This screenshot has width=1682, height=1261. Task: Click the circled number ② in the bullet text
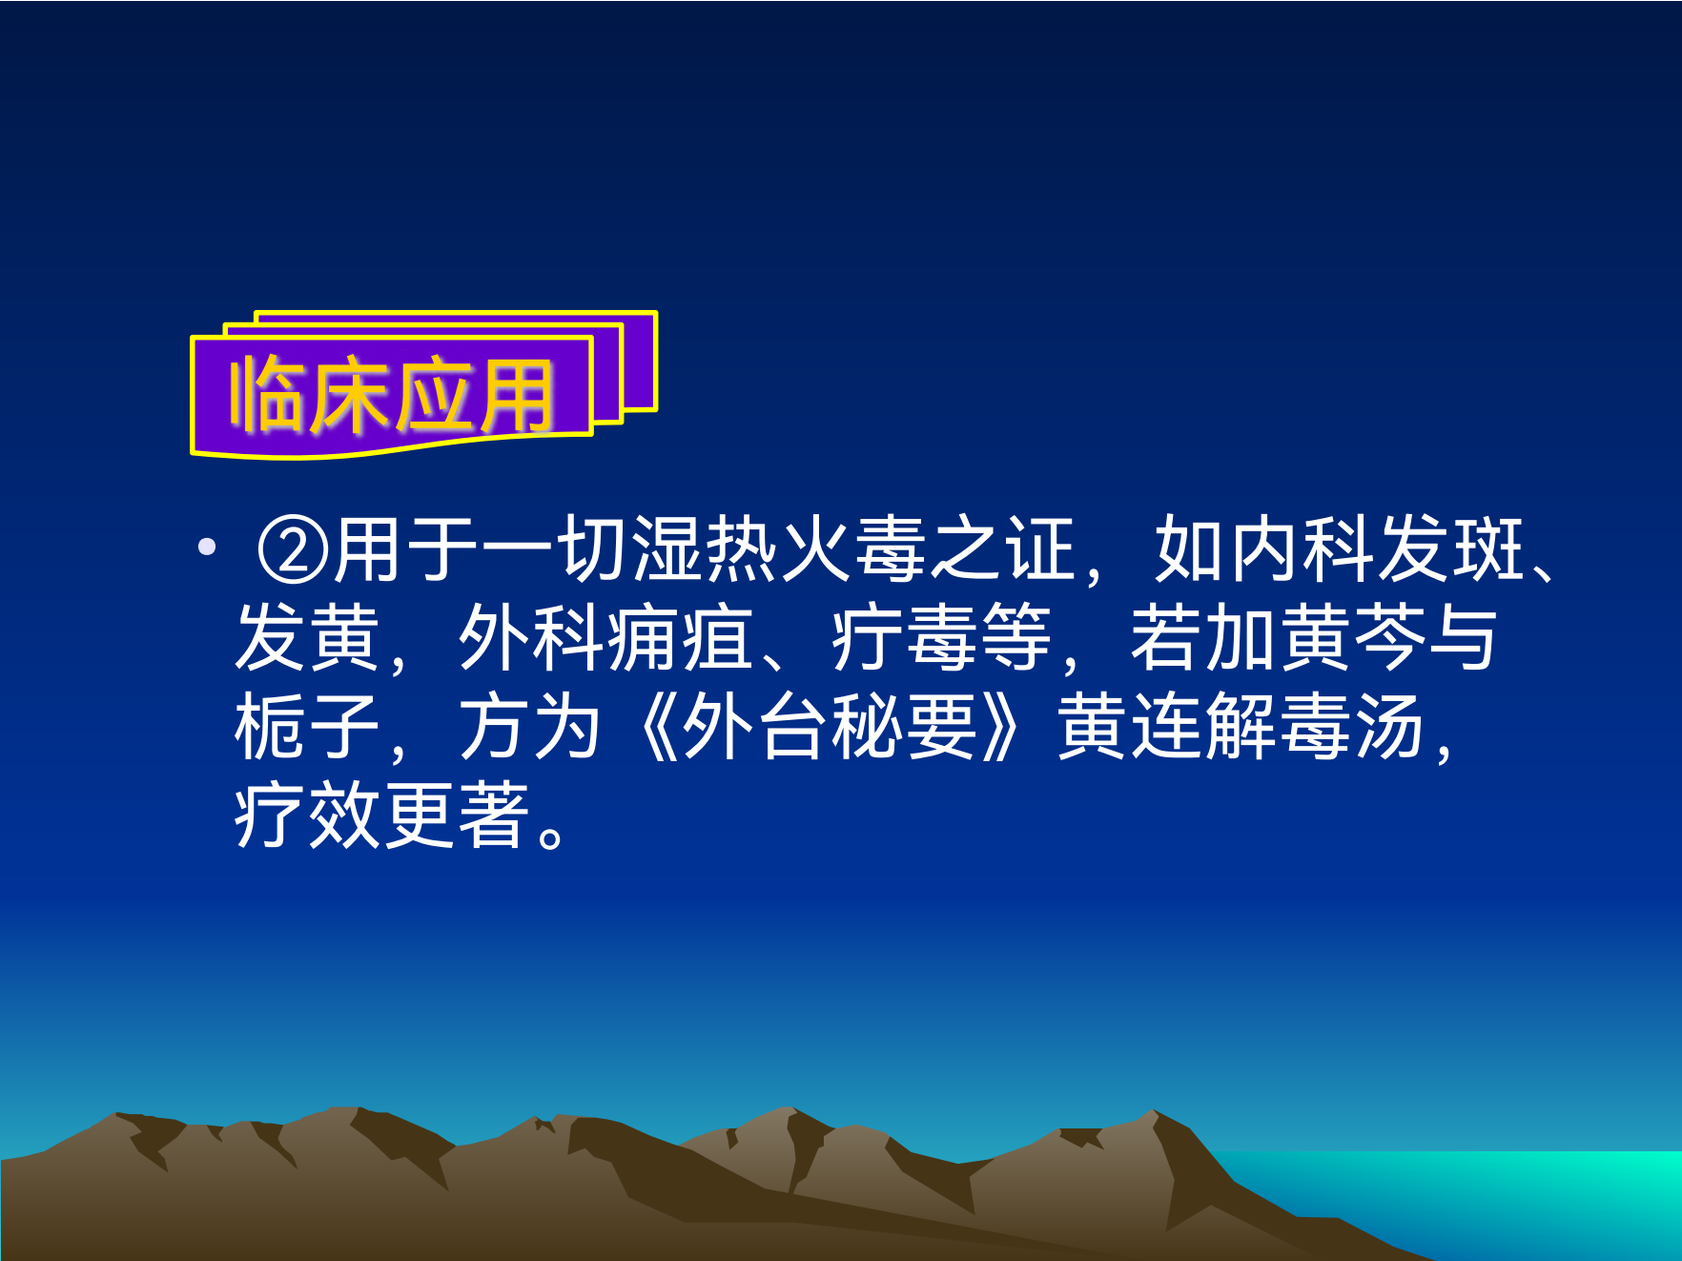[x=293, y=550]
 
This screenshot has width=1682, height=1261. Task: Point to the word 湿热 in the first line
[x=704, y=550]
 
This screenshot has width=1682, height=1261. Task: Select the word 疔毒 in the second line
[x=903, y=638]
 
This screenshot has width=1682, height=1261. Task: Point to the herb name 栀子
[x=307, y=727]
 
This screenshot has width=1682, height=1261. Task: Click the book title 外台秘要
[x=831, y=727]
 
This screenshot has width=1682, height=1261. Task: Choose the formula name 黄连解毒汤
[x=1241, y=727]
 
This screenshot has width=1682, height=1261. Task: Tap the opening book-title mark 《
[x=657, y=727]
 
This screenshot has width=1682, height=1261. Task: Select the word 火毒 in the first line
[x=852, y=550]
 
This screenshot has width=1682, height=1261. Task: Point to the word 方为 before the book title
[x=530, y=727]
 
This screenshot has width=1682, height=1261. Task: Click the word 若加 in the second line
[x=1203, y=638]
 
